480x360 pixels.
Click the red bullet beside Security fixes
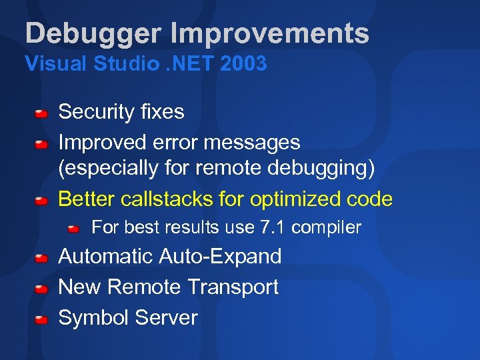point(41,113)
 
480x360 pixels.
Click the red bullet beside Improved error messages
point(41,143)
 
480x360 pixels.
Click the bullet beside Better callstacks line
point(41,200)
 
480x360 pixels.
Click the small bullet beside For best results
point(74,229)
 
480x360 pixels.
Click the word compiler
point(326,228)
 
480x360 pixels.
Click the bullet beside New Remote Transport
point(41,289)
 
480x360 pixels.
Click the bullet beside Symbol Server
point(41,319)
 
